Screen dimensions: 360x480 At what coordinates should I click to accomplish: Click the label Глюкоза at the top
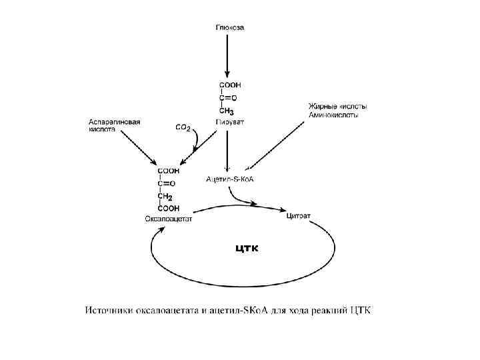(229, 28)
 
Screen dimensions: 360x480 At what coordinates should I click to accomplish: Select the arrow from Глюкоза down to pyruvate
(228, 57)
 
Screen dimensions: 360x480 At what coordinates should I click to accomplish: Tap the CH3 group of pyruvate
(227, 111)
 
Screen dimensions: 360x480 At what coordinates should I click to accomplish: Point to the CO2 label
(183, 127)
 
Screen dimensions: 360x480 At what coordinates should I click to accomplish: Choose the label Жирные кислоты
(337, 107)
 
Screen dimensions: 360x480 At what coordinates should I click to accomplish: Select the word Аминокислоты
(333, 115)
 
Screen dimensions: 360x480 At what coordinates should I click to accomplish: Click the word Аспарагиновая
(115, 122)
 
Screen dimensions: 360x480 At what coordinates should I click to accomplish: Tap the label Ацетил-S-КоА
(231, 179)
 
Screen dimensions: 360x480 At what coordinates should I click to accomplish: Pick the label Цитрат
(298, 215)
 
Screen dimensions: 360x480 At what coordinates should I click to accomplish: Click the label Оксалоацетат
(168, 219)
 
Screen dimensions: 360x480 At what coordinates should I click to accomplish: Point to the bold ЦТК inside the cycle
(246, 249)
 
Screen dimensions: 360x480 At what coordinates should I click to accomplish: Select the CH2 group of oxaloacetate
(165, 197)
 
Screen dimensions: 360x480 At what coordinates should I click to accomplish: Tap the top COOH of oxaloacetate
(167, 171)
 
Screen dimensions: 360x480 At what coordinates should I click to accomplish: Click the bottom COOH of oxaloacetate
(167, 208)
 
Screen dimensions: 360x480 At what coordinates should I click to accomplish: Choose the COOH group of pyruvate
(230, 85)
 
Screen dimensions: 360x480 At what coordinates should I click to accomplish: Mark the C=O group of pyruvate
(229, 98)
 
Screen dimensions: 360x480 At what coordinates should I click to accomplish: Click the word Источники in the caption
(109, 311)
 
